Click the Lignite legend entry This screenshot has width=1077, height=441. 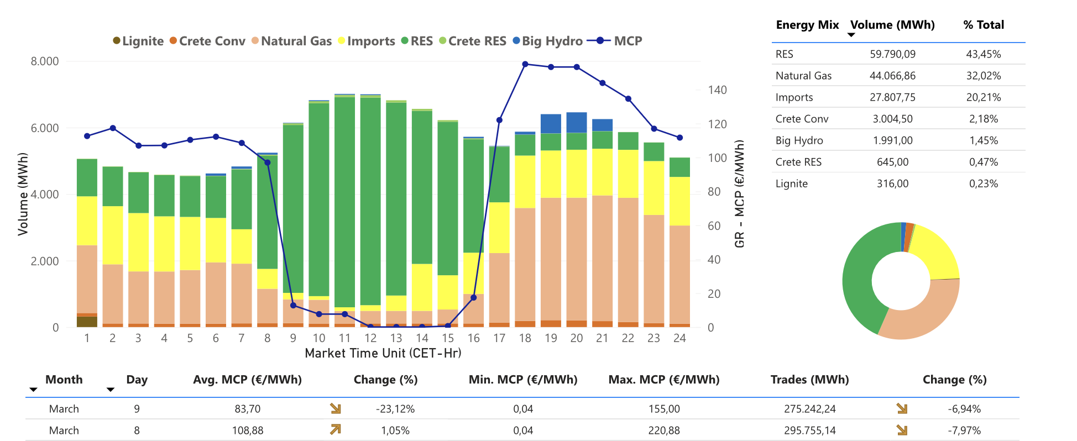[x=138, y=41]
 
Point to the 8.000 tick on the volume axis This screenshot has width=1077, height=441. [x=45, y=61]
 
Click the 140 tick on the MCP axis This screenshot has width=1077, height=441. [x=717, y=90]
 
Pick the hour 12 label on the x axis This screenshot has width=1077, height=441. [x=370, y=338]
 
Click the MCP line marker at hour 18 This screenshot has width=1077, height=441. [x=525, y=64]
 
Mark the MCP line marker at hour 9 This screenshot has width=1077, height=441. [x=293, y=305]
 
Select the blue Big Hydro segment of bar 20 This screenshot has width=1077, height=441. [x=577, y=122]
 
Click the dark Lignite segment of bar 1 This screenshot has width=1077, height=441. [x=87, y=322]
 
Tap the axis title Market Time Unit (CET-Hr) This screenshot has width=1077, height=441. [x=383, y=353]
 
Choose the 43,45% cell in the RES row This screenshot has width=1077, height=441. [x=984, y=54]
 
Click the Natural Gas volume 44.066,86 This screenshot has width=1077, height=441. [x=892, y=76]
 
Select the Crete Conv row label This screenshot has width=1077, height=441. [x=802, y=119]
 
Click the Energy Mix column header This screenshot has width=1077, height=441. [x=807, y=25]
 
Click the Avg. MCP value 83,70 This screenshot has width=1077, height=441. [x=248, y=409]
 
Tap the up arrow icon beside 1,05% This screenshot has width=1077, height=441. [x=336, y=429]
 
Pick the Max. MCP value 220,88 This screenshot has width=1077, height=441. [x=664, y=431]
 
